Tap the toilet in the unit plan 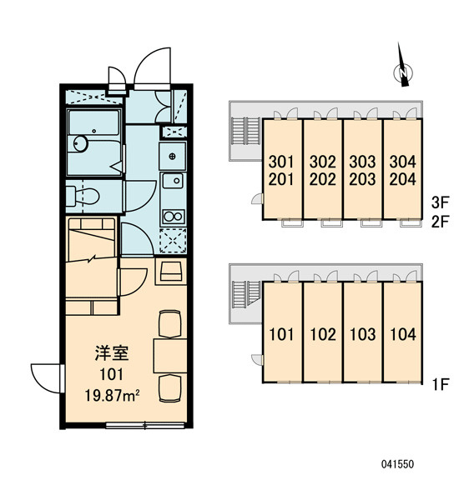83,196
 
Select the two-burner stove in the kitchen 173,217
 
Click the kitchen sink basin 173,181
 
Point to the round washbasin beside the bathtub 80,144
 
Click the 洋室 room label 112,353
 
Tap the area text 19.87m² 112,396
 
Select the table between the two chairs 170,356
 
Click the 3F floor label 440,202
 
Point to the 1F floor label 441,384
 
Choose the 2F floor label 440,222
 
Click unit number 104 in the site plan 403,334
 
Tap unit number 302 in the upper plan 323,162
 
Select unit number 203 362,179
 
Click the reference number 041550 397,464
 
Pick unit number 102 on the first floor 323,334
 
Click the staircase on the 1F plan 245,295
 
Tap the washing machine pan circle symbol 173,157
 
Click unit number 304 403,162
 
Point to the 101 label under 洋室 112,374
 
